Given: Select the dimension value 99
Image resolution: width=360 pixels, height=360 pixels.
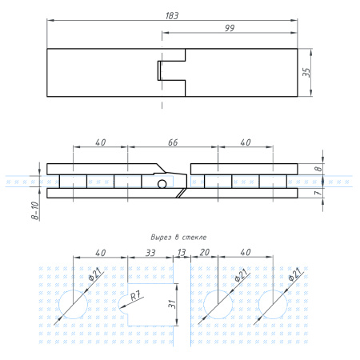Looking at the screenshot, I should (x=230, y=28).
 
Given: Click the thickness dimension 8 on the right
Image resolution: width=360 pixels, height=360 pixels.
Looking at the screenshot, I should (x=318, y=170).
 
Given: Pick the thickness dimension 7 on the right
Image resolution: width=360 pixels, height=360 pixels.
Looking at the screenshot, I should (x=318, y=193).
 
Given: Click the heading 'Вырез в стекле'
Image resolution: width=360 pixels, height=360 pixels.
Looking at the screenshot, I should (x=178, y=238).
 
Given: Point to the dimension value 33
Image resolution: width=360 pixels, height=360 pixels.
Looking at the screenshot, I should (x=150, y=252).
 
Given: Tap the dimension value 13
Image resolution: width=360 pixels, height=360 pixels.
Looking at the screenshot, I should (x=181, y=252).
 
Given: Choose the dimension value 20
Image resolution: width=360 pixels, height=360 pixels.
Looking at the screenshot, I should (x=204, y=252).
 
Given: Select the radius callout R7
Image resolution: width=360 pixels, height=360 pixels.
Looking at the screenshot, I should (x=136, y=297).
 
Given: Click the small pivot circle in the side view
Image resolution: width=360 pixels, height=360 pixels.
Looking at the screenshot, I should (x=162, y=185).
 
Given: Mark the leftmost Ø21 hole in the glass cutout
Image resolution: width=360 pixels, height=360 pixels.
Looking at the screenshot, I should (x=74, y=305).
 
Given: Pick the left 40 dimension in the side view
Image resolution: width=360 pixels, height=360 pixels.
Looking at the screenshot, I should (x=100, y=142).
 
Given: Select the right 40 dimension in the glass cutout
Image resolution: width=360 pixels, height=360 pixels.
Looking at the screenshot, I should (x=245, y=252).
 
